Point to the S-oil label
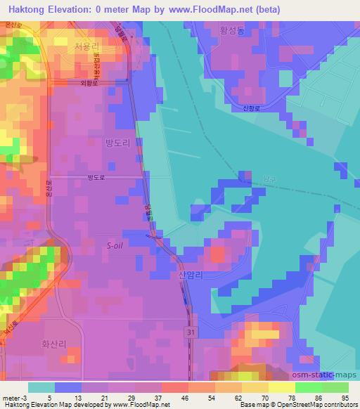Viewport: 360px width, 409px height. (117, 246)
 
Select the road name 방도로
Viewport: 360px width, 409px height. (95, 178)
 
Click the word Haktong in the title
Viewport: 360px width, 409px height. (27, 8)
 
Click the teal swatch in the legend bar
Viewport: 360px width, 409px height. (41, 387)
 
